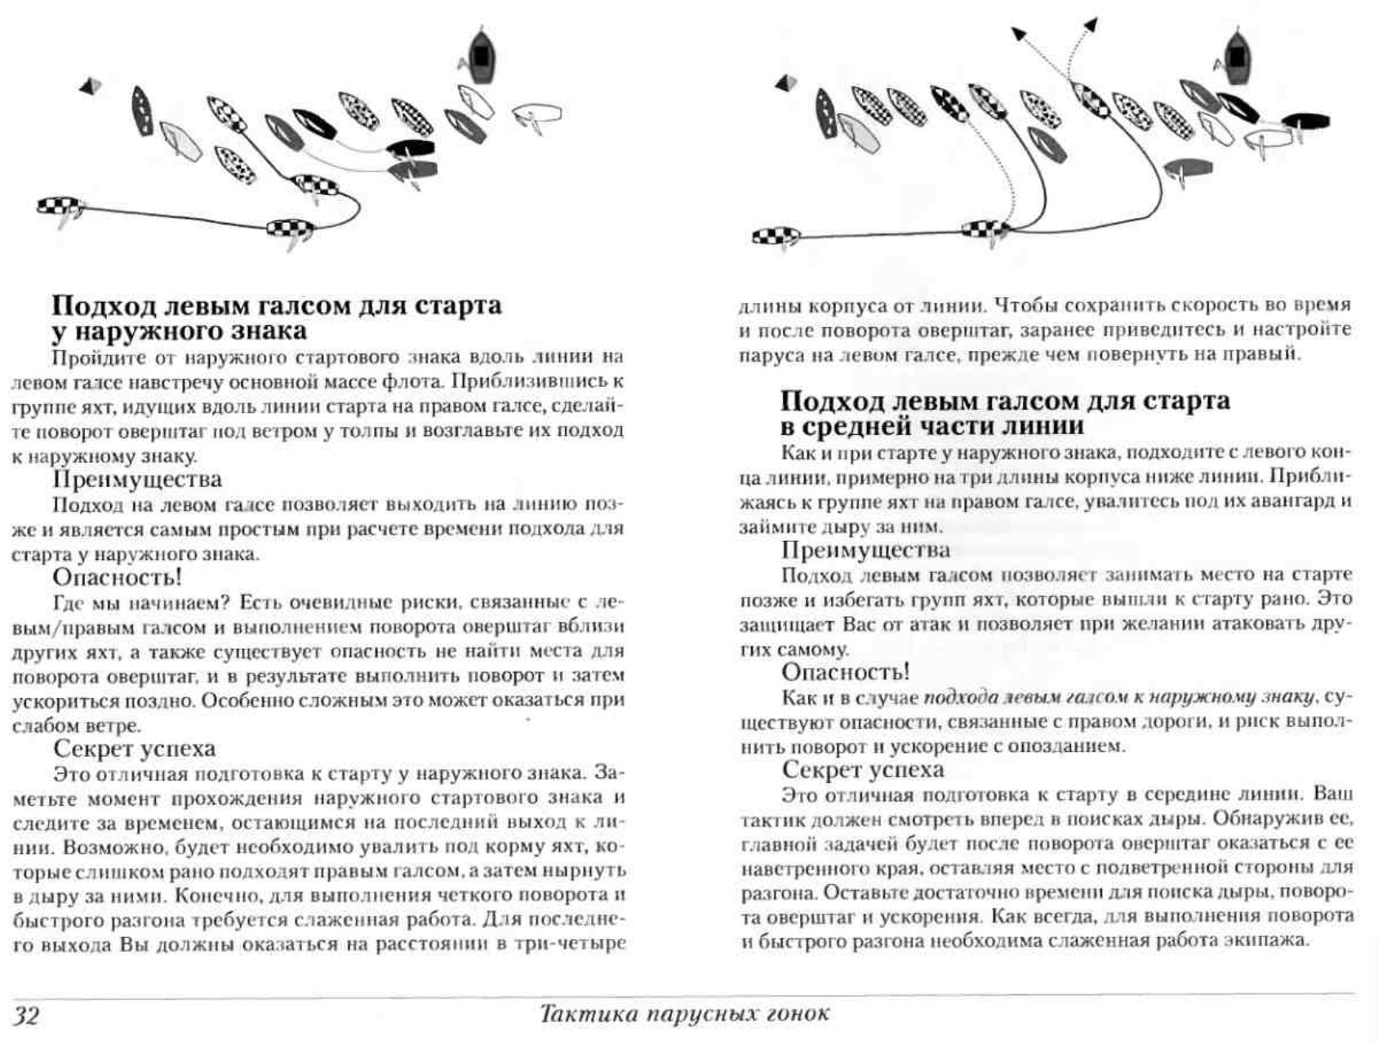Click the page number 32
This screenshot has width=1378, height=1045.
(26, 1015)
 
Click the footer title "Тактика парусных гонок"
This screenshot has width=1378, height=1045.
(684, 1014)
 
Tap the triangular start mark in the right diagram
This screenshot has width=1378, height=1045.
(786, 82)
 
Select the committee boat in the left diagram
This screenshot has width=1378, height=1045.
(482, 56)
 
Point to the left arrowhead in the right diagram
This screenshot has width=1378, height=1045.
(1019, 33)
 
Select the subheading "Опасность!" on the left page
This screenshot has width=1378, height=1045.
(117, 577)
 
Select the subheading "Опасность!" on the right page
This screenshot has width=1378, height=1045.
(845, 672)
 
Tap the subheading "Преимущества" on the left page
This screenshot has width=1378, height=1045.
(136, 478)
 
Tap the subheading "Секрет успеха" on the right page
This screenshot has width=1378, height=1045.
(863, 769)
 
